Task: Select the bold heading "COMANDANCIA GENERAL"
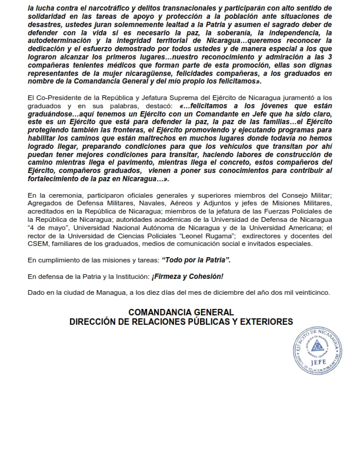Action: click(x=181, y=312)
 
